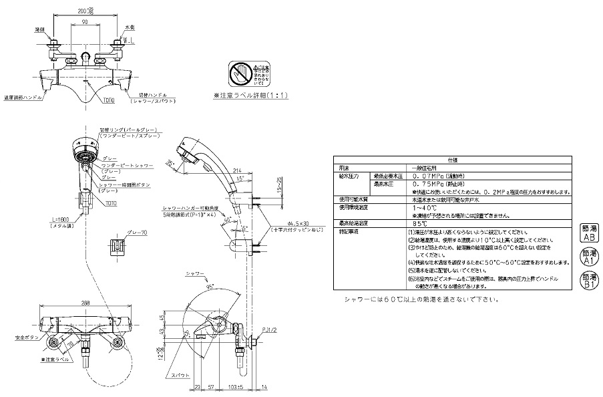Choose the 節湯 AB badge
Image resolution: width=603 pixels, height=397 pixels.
589,233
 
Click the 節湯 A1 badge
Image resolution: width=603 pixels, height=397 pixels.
589,257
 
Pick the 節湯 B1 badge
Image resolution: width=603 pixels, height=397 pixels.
589,281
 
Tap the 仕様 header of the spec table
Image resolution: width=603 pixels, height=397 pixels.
452,159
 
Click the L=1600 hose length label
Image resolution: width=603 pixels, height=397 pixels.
59,221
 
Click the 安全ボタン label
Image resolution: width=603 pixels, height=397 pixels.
23,338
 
